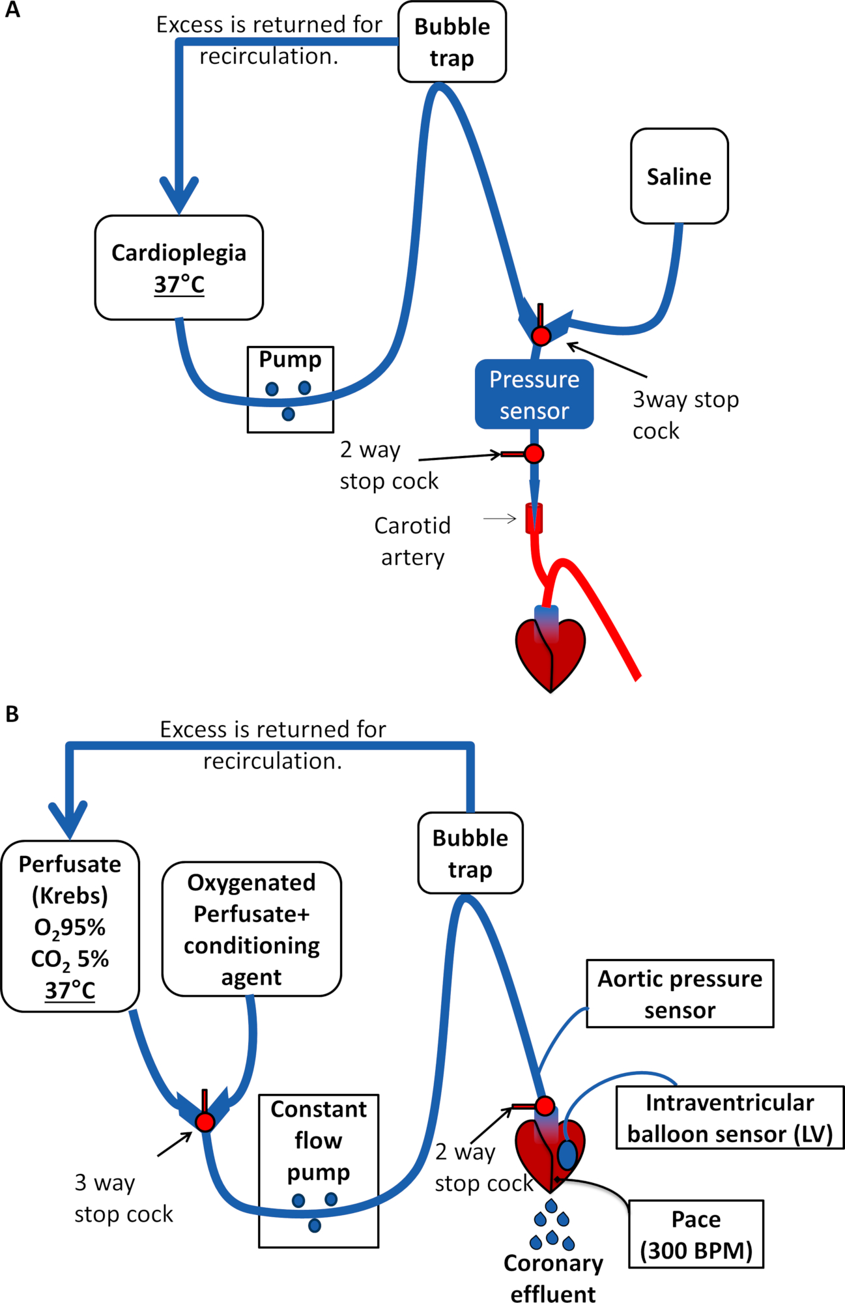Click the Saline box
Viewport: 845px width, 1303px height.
pyautogui.click(x=679, y=176)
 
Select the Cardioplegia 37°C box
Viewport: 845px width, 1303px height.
pyautogui.click(x=179, y=268)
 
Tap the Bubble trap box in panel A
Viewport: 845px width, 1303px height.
pyautogui.click(x=452, y=42)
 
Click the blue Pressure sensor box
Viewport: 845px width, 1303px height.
pyautogui.click(x=534, y=395)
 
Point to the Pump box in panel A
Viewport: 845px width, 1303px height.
pyautogui.click(x=291, y=390)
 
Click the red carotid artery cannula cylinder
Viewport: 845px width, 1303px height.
pyautogui.click(x=534, y=519)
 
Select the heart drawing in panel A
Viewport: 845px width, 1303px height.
pyautogui.click(x=551, y=651)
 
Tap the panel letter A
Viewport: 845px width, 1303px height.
pyautogui.click(x=12, y=10)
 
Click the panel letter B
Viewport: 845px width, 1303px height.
pyautogui.click(x=12, y=714)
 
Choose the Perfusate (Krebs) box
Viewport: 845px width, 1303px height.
pyautogui.click(x=70, y=926)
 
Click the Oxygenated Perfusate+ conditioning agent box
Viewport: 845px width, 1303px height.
pyautogui.click(x=251, y=929)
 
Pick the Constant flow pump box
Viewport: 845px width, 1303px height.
pyautogui.click(x=319, y=1171)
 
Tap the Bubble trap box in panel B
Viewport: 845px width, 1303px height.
pyautogui.click(x=470, y=853)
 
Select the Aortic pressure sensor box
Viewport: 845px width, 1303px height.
pyautogui.click(x=680, y=994)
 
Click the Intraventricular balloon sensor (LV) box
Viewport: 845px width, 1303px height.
pyautogui.click(x=730, y=1118)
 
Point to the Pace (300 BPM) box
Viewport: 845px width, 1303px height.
pyautogui.click(x=696, y=1234)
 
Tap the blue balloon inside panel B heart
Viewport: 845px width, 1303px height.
pyautogui.click(x=567, y=1154)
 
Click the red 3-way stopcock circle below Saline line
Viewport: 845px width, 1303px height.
pyautogui.click(x=541, y=336)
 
